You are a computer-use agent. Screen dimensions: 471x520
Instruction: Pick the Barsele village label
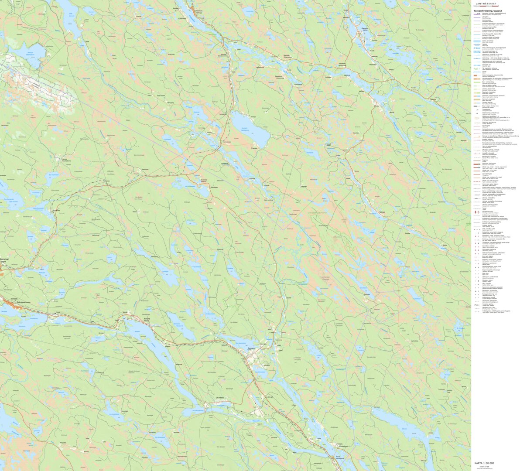[147, 319]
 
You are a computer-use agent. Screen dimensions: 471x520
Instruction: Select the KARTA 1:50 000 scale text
[484, 463]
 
